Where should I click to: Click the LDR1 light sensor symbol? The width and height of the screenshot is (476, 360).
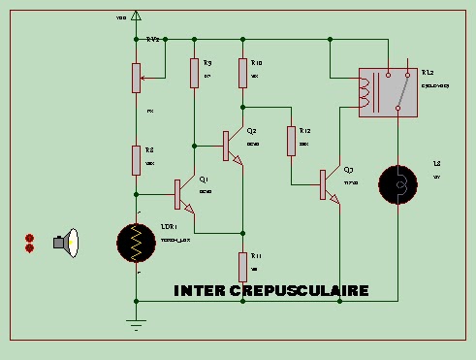pos(135,245)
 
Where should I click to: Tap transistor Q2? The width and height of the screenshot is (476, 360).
pos(232,145)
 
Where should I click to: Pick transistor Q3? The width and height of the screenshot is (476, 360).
pos(328,184)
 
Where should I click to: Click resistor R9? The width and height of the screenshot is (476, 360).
pos(194,72)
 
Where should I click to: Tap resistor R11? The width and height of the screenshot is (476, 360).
pos(242,264)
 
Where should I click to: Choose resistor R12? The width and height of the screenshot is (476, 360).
pos(291,141)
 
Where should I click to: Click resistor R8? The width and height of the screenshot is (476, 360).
pos(136,158)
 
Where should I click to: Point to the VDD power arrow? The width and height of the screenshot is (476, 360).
pos(136,16)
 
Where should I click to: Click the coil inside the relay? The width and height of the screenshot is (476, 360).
pos(365,92)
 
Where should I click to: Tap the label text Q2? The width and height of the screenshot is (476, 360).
pos(252,130)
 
